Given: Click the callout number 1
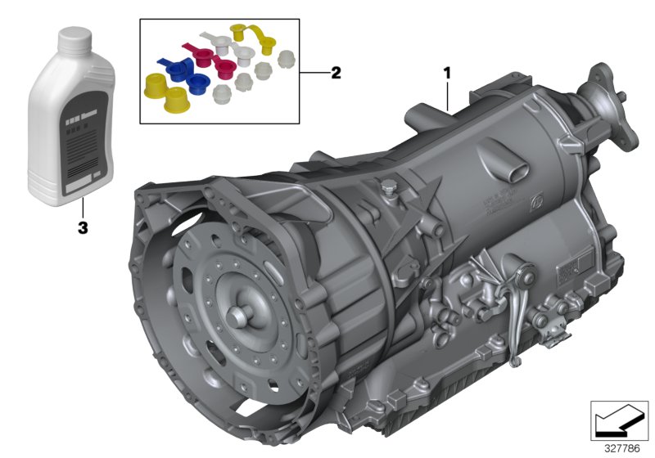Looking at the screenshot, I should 447,72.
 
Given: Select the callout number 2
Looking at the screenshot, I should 335,73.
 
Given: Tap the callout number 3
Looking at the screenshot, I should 82,228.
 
